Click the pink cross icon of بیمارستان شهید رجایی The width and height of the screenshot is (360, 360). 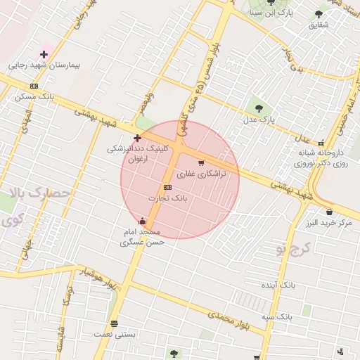coord(44,54)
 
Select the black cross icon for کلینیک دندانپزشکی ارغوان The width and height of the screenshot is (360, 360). coord(137,138)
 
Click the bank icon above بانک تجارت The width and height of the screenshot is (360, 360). coord(167,187)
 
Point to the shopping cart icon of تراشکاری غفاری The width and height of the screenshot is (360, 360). coord(201,163)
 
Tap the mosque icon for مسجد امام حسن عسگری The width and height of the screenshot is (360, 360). coord(143,221)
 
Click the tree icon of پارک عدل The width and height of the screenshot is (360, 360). coord(259,108)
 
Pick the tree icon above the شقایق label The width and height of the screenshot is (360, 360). coord(319,13)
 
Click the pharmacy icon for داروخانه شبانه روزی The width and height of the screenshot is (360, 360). coord(321,142)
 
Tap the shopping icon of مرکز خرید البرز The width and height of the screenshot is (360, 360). coord(329,212)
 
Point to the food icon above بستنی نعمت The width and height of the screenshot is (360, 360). coord(114,323)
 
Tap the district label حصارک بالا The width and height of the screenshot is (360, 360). coord(42,192)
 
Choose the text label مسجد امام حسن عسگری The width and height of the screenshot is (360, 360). coord(143,236)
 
